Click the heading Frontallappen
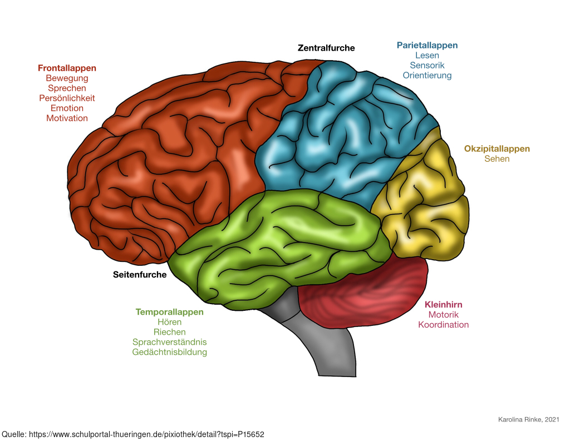[x=67, y=68]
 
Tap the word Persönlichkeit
[x=67, y=98]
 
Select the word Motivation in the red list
[x=67, y=118]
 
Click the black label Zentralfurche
[x=326, y=48]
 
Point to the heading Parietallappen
[x=427, y=46]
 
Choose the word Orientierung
[x=427, y=76]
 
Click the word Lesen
[x=427, y=55]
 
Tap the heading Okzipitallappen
[x=497, y=149]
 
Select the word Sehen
[x=497, y=158]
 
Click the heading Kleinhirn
[x=444, y=304]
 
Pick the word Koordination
[x=444, y=324]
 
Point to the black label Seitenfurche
[x=140, y=275]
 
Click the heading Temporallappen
[x=169, y=312]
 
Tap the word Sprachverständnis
[x=169, y=342]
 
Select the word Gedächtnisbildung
[x=169, y=352]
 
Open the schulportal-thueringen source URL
[x=146, y=434]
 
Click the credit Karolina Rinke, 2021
[x=529, y=419]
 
